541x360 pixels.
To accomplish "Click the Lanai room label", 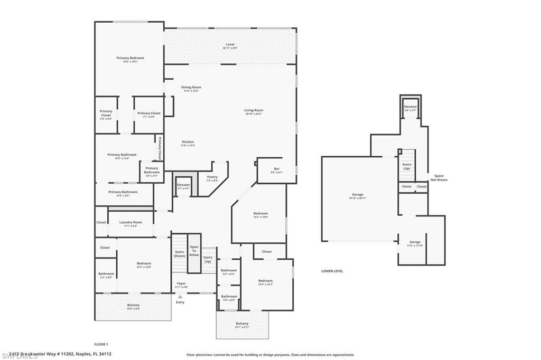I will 230,45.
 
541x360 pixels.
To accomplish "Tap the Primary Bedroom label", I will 130,59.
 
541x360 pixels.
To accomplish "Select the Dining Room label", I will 191,88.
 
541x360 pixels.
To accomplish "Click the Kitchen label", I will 188,143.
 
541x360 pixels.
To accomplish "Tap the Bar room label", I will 276,169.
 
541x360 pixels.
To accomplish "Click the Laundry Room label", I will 130,223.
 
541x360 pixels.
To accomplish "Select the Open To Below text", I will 194,251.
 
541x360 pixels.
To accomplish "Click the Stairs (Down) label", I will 180,253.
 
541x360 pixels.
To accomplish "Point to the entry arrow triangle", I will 180,297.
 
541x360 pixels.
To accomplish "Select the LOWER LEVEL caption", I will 332,271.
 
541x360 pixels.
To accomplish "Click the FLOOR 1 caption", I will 101,344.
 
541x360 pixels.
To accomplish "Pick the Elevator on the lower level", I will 410,107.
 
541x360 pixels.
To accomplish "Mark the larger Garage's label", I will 358,195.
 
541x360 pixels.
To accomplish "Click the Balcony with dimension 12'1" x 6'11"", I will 242,325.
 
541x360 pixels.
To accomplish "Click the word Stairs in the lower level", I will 406,164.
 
